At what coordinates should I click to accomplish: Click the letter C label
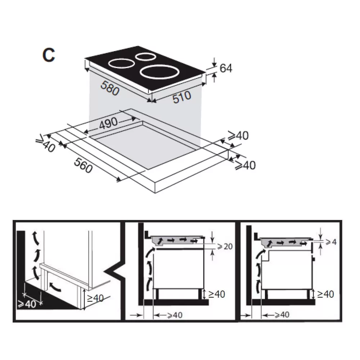[49, 55]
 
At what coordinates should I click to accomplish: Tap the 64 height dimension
[226, 68]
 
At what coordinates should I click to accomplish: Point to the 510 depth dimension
[182, 97]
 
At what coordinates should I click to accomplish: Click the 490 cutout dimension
[109, 123]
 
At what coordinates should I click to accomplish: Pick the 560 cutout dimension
[84, 165]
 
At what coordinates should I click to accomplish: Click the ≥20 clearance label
[225, 247]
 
